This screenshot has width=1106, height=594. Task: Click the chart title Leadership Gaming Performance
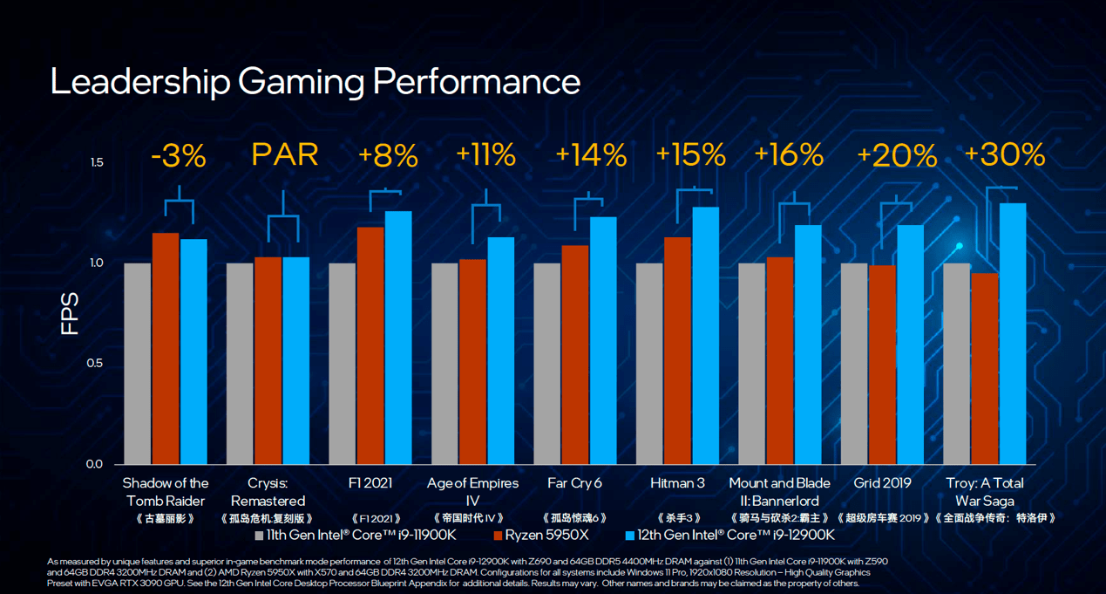(315, 82)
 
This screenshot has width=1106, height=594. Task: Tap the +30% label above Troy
(1004, 155)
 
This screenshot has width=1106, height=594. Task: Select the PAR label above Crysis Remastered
(284, 155)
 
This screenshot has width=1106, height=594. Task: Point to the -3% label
(179, 156)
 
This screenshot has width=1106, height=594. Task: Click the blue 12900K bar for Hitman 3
(706, 335)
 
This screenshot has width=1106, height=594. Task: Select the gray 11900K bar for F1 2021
(343, 363)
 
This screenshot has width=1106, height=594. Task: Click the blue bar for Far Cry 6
(603, 340)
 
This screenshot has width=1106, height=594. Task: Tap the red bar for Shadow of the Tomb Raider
(166, 348)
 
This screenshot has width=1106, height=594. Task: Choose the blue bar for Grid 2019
(911, 345)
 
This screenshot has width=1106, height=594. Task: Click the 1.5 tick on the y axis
(96, 163)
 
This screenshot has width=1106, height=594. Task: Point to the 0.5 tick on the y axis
(96, 364)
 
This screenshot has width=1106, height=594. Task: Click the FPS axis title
(70, 314)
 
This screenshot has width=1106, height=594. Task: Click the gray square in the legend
(259, 535)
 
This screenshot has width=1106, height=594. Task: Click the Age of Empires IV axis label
(472, 492)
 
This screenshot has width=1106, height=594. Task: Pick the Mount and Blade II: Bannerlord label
(774, 492)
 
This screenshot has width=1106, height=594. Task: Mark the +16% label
(788, 155)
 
